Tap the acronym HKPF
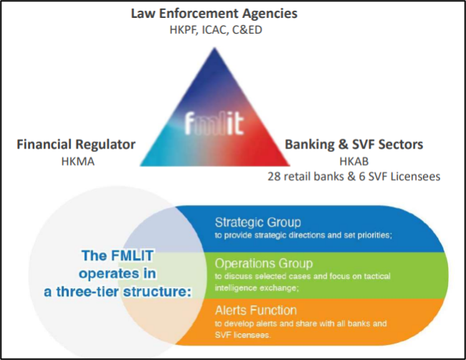[185, 29]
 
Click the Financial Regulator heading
[76, 145]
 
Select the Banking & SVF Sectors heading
[353, 145]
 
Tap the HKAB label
[353, 161]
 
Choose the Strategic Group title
[257, 222]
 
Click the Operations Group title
[262, 262]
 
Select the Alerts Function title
[255, 310]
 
